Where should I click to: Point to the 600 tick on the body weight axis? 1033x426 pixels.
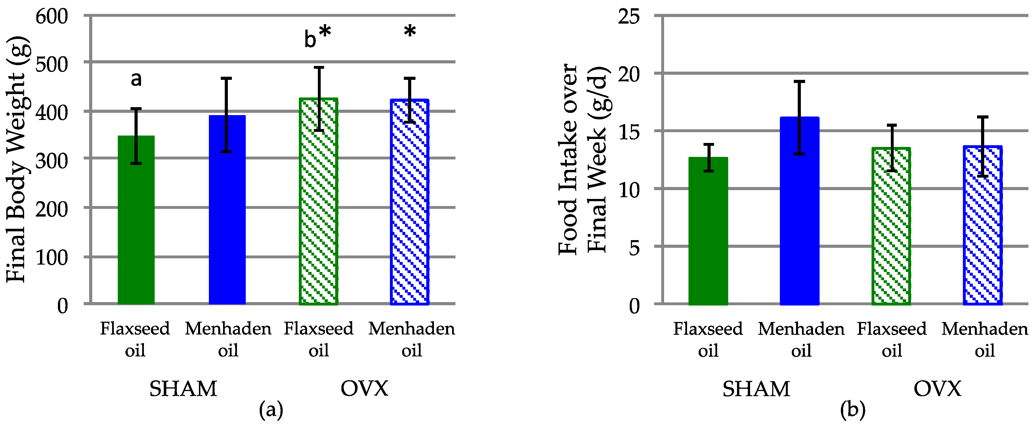[x=52, y=17]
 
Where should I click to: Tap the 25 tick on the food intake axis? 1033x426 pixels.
[x=629, y=17]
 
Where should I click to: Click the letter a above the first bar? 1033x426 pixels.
[x=136, y=79]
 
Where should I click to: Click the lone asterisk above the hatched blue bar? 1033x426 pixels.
[x=410, y=31]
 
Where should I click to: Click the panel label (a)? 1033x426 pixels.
[x=271, y=410]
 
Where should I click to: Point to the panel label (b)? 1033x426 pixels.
[x=853, y=410]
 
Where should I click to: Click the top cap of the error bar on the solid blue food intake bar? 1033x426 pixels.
[x=799, y=82]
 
